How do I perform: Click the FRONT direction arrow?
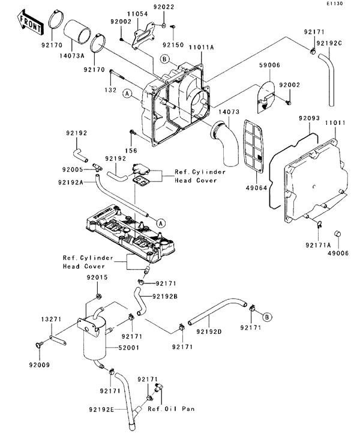[30, 23]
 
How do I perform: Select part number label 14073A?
[71, 56]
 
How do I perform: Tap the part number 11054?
[137, 14]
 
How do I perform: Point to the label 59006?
[269, 65]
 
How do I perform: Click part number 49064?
[256, 188]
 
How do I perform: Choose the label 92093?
[309, 118]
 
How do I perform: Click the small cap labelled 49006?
[338, 234]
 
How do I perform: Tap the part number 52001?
[128, 348]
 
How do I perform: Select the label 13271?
[52, 319]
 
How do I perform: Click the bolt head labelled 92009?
[38, 345]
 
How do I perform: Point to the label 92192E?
[101, 410]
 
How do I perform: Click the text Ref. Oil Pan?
[171, 409]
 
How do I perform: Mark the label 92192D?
[209, 332]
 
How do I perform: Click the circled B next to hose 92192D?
[267, 317]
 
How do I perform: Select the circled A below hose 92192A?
[161, 223]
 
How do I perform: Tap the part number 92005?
[73, 169]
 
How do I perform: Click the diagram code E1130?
[334, 4]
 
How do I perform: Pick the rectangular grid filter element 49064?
[254, 147]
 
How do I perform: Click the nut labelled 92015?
[98, 296]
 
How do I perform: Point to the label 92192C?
[329, 43]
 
